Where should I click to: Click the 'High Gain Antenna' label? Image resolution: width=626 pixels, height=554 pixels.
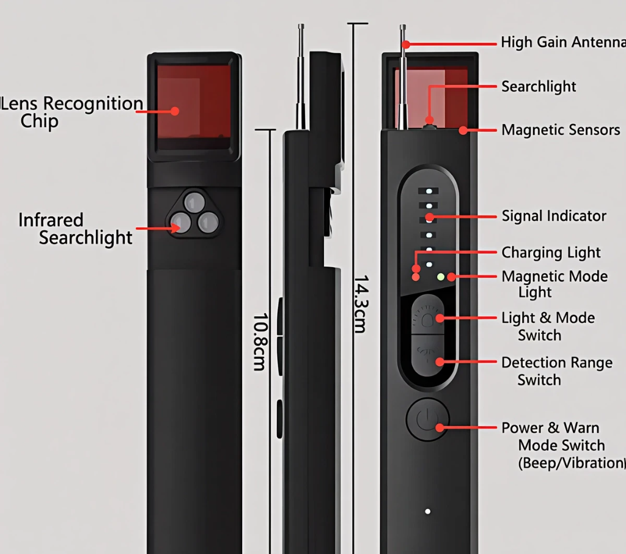point(562,43)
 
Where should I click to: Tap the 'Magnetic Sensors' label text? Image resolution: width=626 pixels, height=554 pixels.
point(561,130)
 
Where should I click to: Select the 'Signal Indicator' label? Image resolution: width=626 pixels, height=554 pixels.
point(554,216)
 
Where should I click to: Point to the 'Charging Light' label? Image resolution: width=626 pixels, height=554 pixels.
point(551,253)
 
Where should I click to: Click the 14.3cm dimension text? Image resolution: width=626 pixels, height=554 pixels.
point(361,304)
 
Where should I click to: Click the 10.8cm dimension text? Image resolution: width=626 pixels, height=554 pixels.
point(260,342)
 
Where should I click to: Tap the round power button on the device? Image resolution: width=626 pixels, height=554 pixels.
point(427,419)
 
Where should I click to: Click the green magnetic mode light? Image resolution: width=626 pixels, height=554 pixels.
point(440,277)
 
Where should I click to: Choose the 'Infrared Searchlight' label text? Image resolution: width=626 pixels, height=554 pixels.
point(75,229)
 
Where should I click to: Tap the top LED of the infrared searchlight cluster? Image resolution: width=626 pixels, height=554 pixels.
point(194,202)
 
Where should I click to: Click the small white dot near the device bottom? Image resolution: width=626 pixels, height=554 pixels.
point(428,511)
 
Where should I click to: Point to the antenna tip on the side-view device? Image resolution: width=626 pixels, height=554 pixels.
point(301,27)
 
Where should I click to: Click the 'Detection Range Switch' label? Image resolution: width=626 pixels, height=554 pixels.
point(556,371)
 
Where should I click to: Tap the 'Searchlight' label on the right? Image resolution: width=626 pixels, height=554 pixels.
point(539,87)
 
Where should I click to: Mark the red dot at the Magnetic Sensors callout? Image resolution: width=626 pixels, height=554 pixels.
point(463,130)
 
